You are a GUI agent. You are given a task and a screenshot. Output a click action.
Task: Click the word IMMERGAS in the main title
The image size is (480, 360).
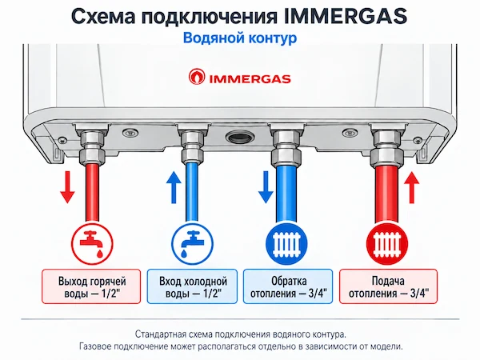(x=346, y=16)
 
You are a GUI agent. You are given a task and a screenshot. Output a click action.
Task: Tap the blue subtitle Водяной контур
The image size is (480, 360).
(x=240, y=38)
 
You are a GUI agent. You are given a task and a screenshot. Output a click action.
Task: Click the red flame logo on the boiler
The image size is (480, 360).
(x=197, y=77)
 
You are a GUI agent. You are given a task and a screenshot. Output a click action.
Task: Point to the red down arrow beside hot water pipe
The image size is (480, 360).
(x=67, y=187)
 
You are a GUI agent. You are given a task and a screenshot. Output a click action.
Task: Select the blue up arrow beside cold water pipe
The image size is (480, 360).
(x=174, y=187)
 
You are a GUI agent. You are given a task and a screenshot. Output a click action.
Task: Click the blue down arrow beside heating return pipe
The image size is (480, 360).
(x=266, y=187)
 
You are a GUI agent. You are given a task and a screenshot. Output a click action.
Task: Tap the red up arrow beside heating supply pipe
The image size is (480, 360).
(x=411, y=187)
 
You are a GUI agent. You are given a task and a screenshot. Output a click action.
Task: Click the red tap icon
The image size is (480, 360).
(x=92, y=243)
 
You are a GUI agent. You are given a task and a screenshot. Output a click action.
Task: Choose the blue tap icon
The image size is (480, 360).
(x=193, y=243)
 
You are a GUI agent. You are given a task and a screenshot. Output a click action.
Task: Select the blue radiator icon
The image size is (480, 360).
(x=286, y=243)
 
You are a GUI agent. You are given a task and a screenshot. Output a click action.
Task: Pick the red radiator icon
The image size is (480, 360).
(x=387, y=243)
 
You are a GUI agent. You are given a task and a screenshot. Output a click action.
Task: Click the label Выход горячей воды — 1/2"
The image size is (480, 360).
(x=91, y=286)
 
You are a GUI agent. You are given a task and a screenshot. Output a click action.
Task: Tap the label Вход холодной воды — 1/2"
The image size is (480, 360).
(x=192, y=286)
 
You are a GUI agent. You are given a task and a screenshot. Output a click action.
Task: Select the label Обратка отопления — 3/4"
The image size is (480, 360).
(x=288, y=286)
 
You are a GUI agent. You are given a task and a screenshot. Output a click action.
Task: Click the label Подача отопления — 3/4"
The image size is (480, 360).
(x=389, y=286)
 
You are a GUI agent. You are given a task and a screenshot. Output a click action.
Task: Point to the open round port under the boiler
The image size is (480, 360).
(x=239, y=137)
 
